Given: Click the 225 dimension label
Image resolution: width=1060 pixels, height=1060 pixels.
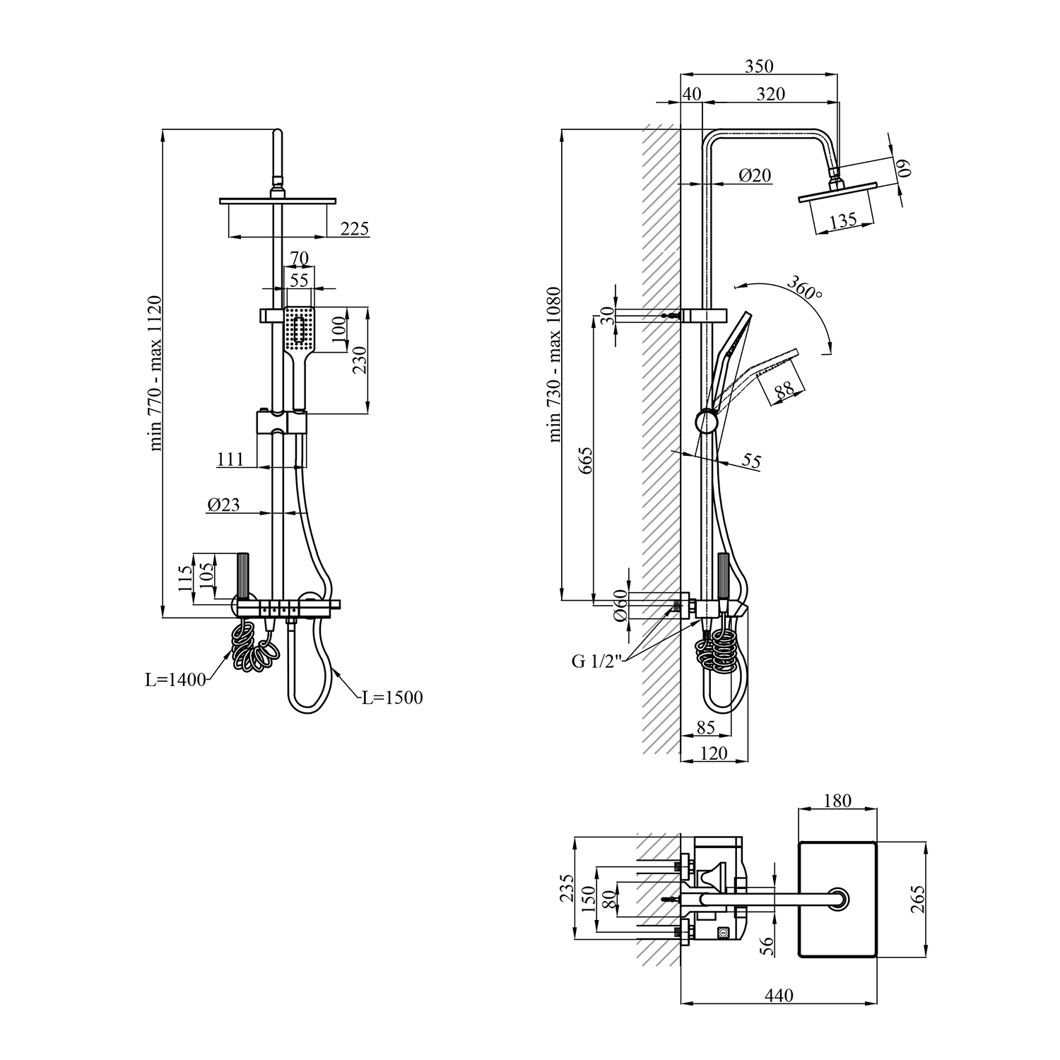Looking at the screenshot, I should click(x=355, y=228).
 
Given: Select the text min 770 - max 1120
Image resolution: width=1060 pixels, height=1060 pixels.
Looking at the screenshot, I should click(x=155, y=373).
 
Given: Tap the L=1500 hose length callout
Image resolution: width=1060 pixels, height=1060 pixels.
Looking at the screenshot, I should click(x=392, y=698).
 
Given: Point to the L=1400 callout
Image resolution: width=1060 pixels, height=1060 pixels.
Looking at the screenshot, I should click(x=175, y=681).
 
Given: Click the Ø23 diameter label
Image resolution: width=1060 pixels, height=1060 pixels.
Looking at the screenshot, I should click(x=223, y=505).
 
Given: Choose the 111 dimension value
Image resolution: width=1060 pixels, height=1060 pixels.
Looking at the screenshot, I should click(x=230, y=459).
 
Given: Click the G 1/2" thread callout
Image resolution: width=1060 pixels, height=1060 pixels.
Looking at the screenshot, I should click(x=596, y=662).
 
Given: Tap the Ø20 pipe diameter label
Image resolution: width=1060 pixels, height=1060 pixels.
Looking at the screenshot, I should click(x=755, y=175).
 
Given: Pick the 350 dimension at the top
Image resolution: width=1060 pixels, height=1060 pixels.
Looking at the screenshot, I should click(x=760, y=66).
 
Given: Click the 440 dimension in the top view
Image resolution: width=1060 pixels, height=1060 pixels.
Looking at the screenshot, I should click(x=779, y=996).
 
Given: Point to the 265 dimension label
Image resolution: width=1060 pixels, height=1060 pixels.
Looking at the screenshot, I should click(x=918, y=899).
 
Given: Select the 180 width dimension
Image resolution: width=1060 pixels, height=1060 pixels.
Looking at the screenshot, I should click(x=838, y=801).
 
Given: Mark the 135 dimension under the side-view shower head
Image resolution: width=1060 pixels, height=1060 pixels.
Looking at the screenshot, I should click(x=843, y=220).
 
